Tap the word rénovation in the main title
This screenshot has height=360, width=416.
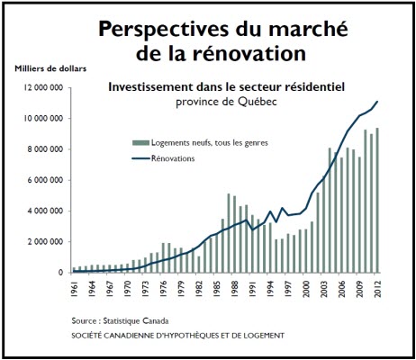(249, 54)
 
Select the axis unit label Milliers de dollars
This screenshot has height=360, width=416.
(50, 68)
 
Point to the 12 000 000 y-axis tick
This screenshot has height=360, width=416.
(43, 87)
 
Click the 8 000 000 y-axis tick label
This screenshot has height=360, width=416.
(45, 149)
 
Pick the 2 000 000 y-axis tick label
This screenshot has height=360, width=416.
(45, 242)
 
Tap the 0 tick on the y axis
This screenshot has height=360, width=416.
(61, 273)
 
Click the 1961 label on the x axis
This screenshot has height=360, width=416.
(74, 289)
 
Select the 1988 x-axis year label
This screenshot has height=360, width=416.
(235, 289)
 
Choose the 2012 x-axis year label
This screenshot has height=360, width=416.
(378, 289)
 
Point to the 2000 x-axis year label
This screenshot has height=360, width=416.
(306, 289)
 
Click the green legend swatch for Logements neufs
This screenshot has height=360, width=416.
(140, 143)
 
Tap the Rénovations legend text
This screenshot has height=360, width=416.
(173, 158)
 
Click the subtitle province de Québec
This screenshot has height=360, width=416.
(226, 102)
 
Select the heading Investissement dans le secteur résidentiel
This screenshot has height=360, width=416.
(227, 87)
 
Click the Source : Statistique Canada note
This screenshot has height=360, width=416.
(120, 321)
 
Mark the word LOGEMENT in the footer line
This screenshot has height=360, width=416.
(265, 336)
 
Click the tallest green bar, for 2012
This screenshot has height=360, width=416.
(377, 201)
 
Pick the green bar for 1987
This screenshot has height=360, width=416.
(229, 233)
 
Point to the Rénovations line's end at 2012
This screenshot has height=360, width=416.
(377, 102)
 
